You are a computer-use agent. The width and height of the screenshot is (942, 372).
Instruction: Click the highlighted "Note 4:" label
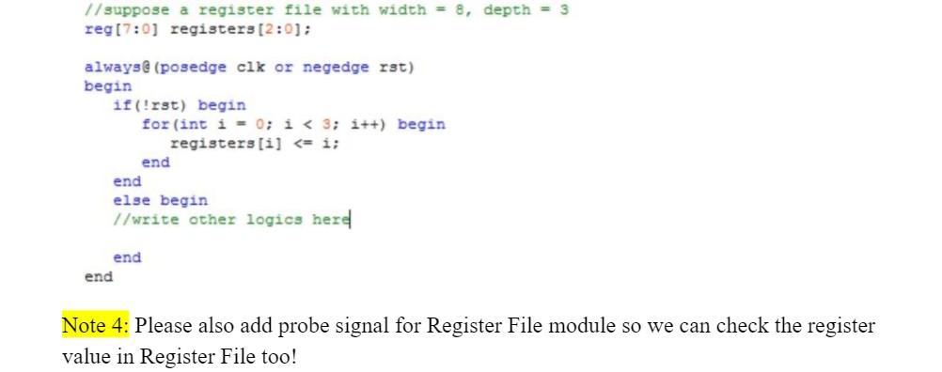[x=96, y=327]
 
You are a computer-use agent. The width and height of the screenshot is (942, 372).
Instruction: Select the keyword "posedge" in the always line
[x=197, y=67]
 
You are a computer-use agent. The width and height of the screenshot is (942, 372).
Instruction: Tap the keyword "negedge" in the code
[x=336, y=67]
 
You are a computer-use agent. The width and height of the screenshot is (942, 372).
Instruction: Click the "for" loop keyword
[x=155, y=124]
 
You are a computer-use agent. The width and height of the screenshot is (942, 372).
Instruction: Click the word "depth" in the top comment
[x=507, y=9]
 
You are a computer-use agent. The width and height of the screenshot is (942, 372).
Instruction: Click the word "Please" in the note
[x=167, y=327]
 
